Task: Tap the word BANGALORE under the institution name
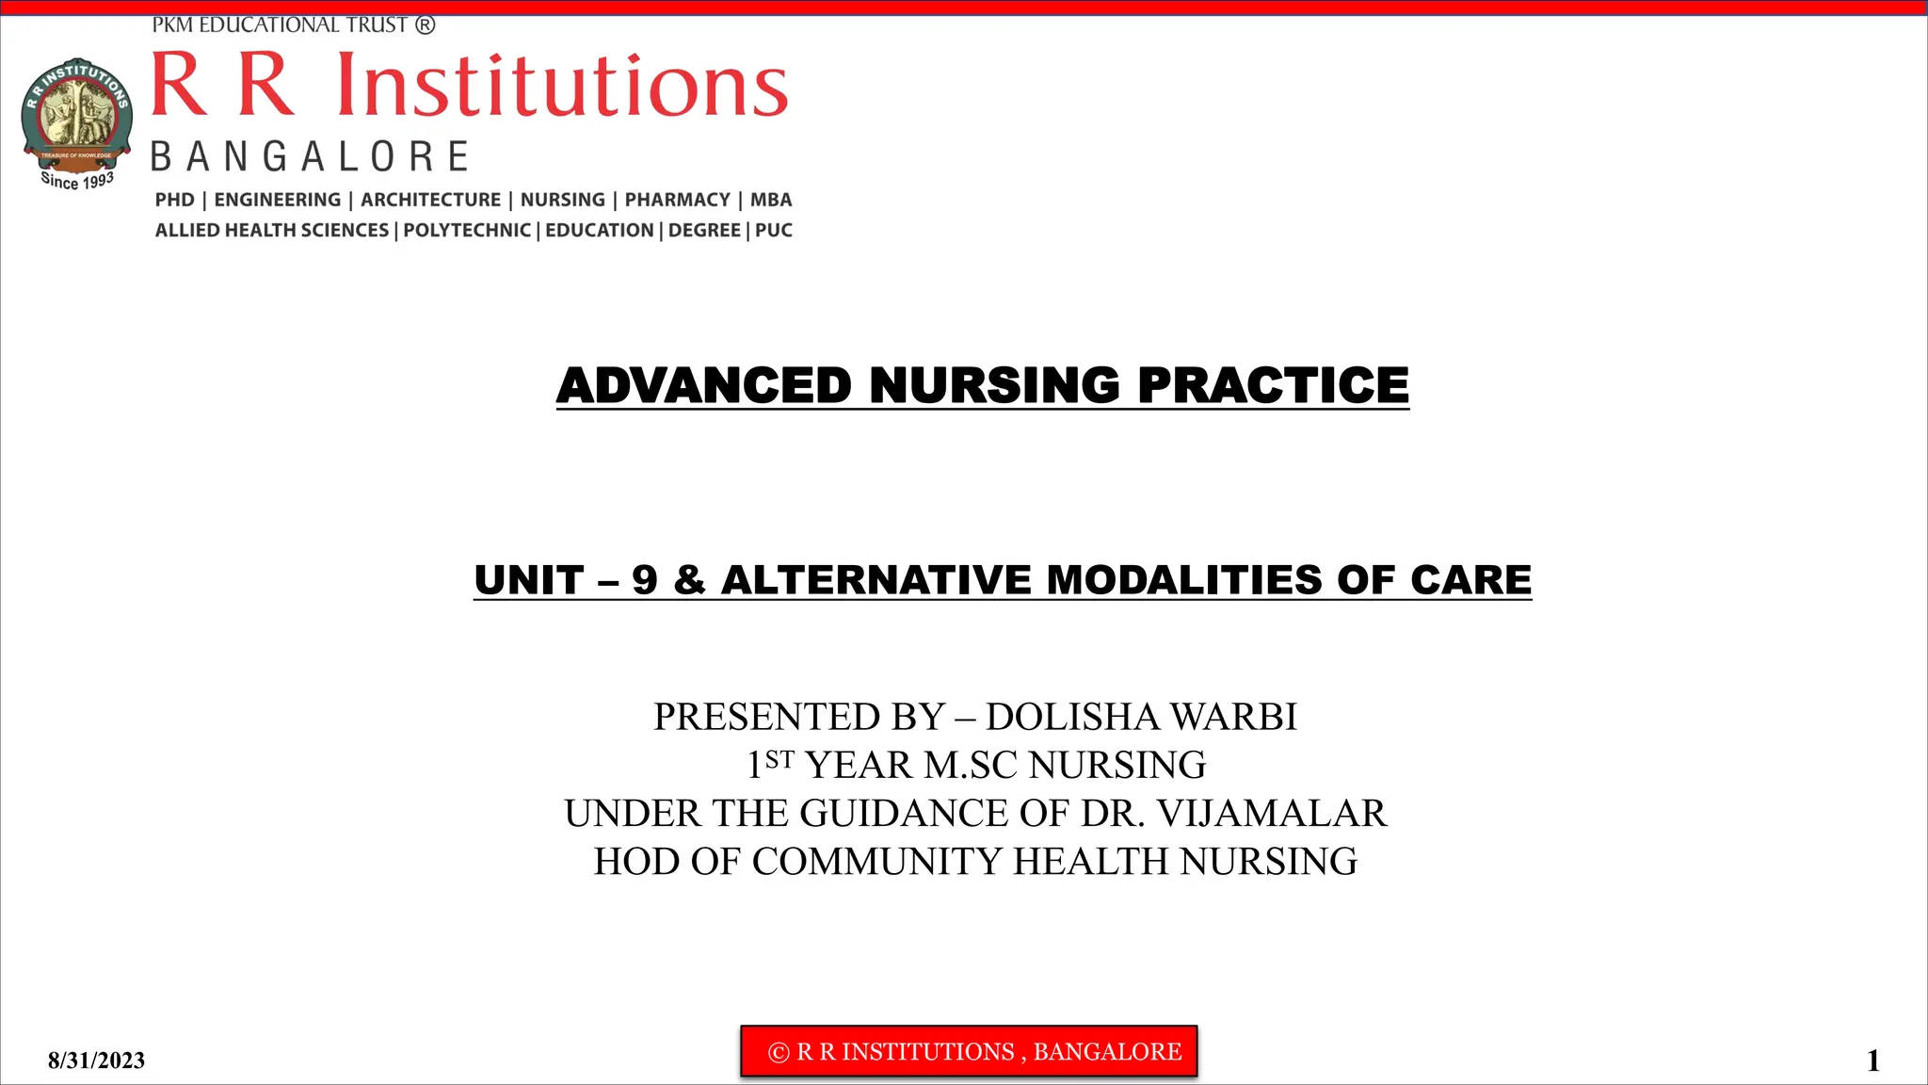[x=310, y=156]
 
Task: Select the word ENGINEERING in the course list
[x=278, y=200]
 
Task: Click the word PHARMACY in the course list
[x=678, y=200]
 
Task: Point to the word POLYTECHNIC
[x=467, y=231]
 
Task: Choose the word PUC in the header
[x=774, y=231]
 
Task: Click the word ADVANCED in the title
[x=704, y=386]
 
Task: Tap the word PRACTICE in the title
[x=1273, y=386]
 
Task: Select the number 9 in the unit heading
[x=645, y=580]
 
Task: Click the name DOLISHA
[x=1072, y=718]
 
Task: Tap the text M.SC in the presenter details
[x=972, y=766]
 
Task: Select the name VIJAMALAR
[x=1272, y=814]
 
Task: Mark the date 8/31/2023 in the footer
[x=97, y=1061]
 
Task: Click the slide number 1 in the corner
[x=1873, y=1061]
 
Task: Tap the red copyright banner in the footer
[x=969, y=1051]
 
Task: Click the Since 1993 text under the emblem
[x=77, y=180]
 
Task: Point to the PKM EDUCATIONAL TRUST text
[x=293, y=25]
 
